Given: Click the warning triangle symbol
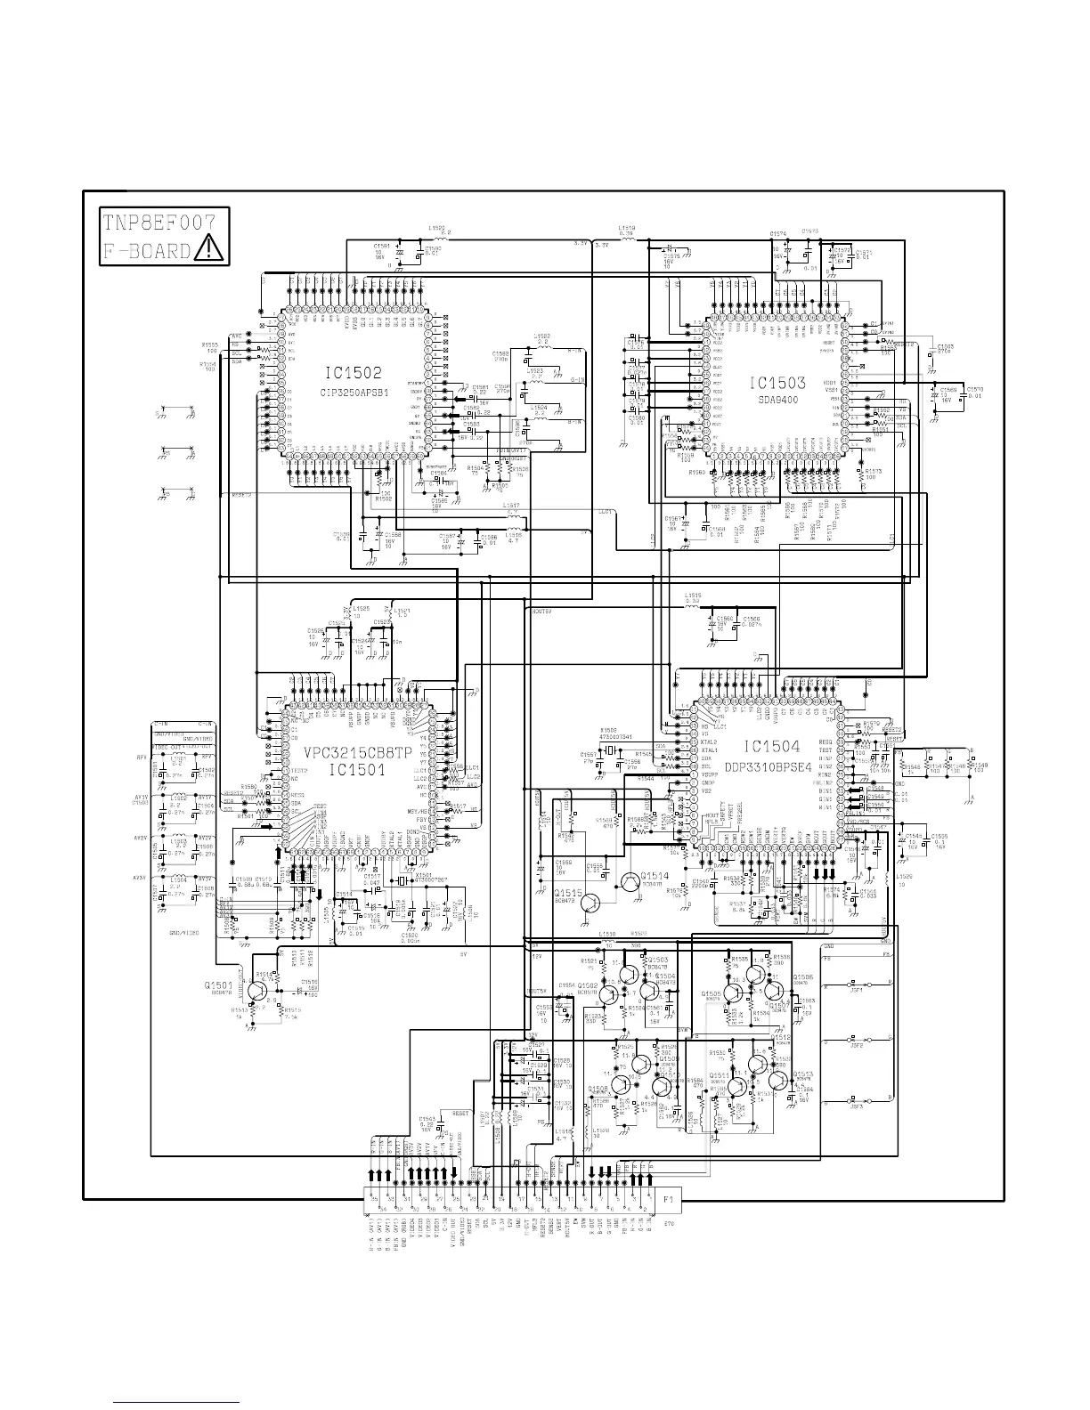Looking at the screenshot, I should (x=208, y=248).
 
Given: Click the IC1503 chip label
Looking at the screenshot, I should (x=777, y=384).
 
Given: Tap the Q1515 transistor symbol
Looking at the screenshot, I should (x=590, y=904).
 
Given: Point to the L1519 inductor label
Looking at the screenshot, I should (x=627, y=229).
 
